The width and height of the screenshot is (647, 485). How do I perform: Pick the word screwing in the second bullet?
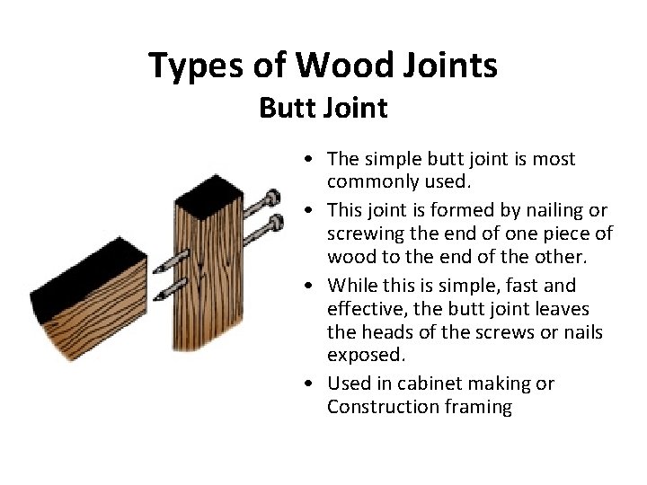tap(364, 234)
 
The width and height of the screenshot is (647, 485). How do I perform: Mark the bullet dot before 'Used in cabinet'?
tap(308, 384)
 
